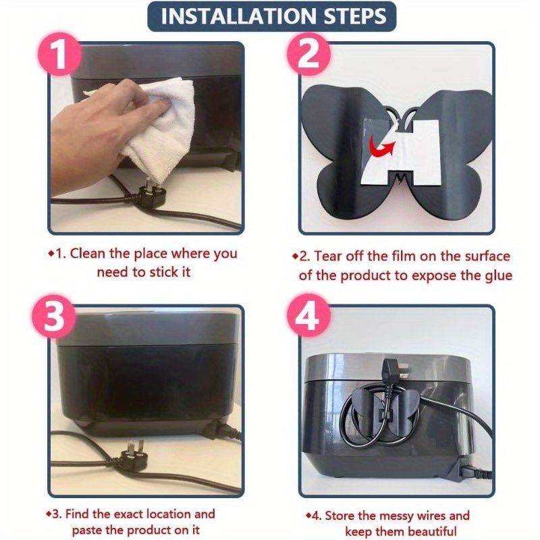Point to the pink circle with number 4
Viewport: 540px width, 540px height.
[x=308, y=316]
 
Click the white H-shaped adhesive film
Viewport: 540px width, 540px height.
[x=401, y=151]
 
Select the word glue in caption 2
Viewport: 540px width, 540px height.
[x=499, y=276]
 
